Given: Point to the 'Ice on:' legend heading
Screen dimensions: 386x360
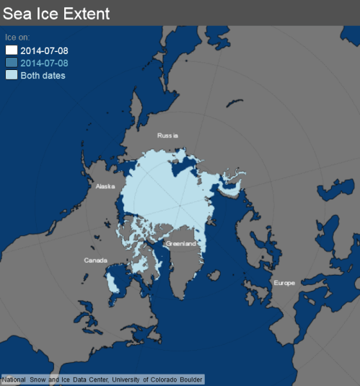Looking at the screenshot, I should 17,36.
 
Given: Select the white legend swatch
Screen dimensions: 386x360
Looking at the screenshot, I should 12,50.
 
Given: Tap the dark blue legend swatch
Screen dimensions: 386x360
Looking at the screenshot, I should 12,63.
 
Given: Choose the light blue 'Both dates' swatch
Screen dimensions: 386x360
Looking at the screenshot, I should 12,75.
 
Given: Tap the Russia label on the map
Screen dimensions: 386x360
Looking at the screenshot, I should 167,135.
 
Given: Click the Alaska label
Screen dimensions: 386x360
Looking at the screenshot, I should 105,186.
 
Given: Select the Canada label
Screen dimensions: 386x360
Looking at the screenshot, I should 96,260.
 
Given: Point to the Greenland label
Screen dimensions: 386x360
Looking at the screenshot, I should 180,244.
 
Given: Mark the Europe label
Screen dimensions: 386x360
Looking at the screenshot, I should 284,283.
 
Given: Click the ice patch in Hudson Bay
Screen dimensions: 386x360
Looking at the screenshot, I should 114,280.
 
